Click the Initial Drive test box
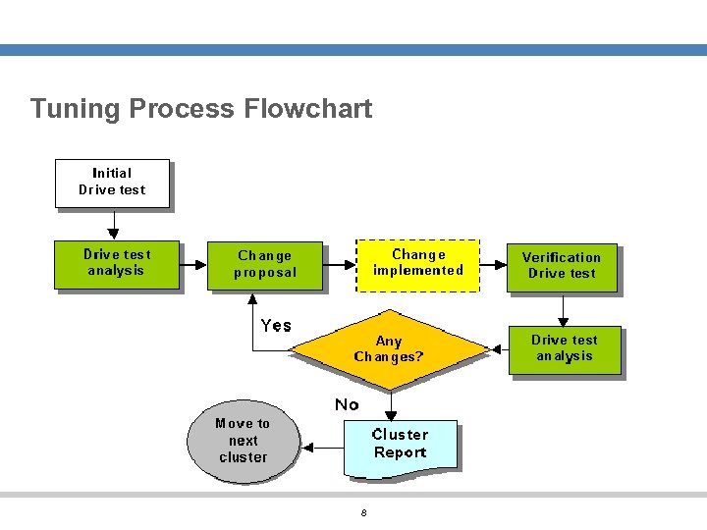111,183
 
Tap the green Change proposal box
264,265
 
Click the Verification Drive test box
561,266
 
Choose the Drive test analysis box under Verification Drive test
564,349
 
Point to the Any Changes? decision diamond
390,349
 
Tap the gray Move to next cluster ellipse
243,442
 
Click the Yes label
276,325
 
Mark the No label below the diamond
347,404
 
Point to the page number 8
363,513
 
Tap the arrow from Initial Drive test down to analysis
112,225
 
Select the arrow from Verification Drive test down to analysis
564,309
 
